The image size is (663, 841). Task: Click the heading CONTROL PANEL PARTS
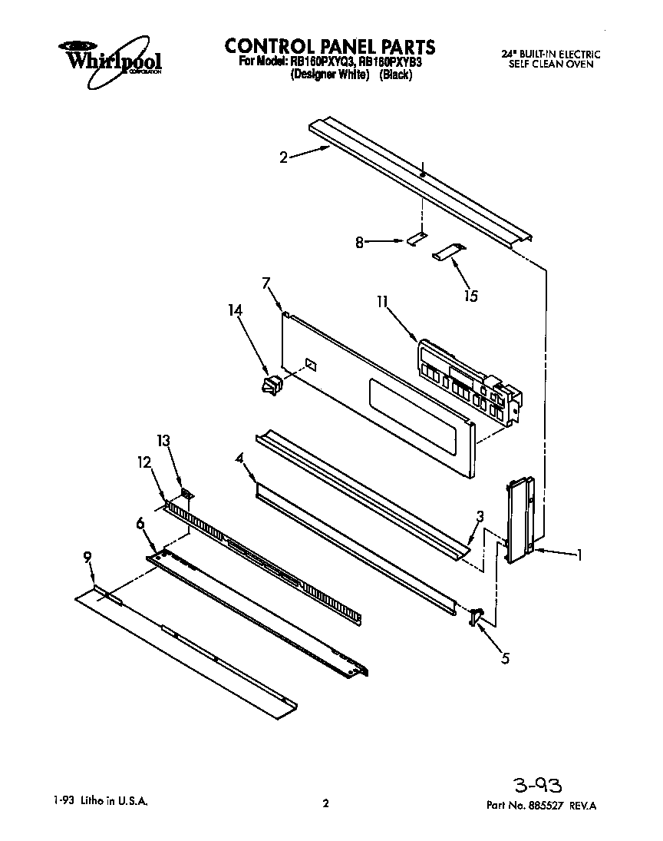point(330,46)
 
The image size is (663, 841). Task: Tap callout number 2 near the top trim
point(284,157)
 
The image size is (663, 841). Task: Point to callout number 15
point(470,296)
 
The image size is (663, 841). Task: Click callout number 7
point(266,283)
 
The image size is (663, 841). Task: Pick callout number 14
point(235,310)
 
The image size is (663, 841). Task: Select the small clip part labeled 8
point(415,239)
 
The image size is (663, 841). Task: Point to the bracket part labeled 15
point(448,251)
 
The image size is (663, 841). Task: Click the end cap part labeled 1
point(520,518)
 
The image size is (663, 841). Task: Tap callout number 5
point(503,657)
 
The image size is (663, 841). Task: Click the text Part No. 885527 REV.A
point(541,806)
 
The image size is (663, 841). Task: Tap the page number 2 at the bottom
point(325,804)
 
